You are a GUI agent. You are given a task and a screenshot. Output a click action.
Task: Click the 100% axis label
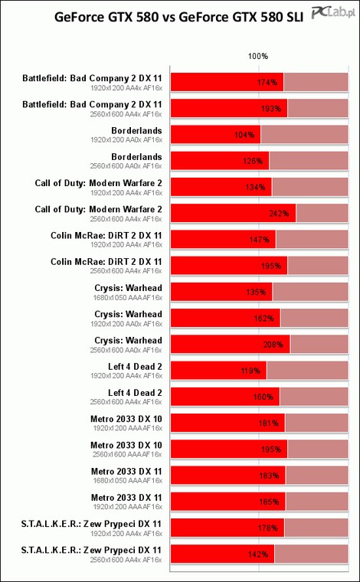click(258, 57)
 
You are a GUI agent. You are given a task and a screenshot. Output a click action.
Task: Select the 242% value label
click(279, 214)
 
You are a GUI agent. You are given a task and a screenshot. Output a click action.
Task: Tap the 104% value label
click(244, 135)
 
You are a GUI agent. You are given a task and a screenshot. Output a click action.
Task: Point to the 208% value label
click(273, 345)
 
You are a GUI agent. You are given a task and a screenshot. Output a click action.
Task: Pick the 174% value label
click(267, 83)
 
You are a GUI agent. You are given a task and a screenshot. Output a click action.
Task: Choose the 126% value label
click(254, 161)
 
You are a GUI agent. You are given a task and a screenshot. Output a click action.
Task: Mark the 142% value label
click(258, 554)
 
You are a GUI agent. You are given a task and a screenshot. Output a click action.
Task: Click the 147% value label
click(259, 240)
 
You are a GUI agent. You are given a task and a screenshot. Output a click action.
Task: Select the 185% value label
click(269, 502)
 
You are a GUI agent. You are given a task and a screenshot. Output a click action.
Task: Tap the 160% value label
click(263, 397)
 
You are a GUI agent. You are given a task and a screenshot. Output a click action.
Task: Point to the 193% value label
click(271, 109)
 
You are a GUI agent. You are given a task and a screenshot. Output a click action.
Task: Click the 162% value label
click(264, 318)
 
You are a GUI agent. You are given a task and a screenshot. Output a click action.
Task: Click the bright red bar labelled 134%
click(221, 187)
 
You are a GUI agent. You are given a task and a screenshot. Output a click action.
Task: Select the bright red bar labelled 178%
click(227, 528)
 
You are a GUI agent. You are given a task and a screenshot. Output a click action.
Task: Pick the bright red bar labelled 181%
click(228, 423)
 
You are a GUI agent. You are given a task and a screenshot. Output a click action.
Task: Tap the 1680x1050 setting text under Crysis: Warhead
click(128, 297)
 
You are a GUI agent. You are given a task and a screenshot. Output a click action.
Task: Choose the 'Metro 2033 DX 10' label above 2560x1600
click(126, 445)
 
